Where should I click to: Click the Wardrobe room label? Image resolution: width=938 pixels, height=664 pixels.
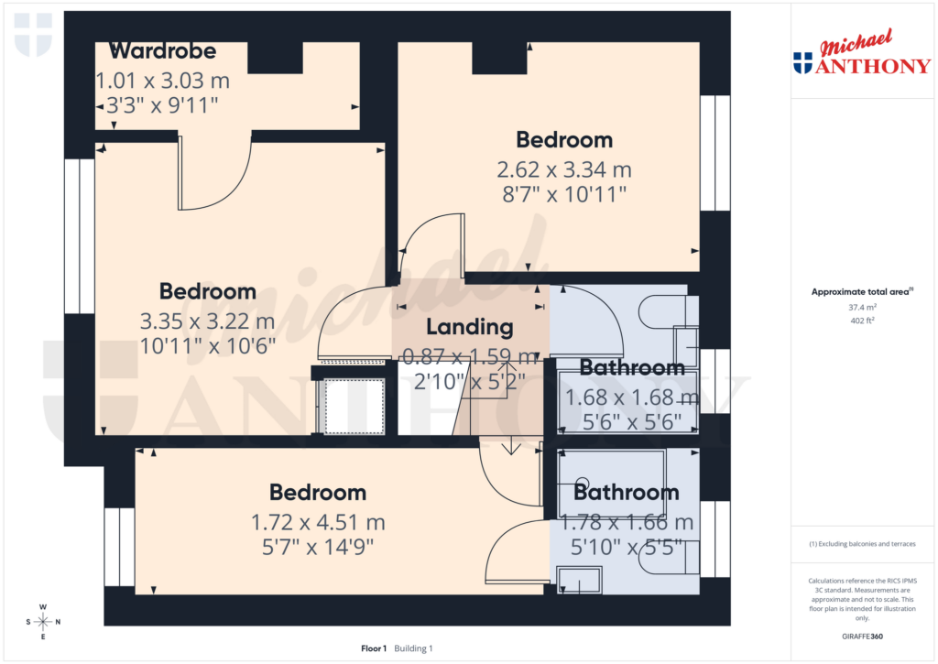162,50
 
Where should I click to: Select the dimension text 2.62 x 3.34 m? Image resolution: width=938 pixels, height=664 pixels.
563,169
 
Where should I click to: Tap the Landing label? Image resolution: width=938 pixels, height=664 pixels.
469,327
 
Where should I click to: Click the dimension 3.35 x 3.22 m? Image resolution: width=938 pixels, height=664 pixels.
207,321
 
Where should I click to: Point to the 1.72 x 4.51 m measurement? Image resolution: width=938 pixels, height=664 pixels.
318,523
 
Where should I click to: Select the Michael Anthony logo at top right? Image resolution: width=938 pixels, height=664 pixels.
861,53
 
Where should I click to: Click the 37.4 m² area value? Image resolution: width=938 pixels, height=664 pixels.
861,308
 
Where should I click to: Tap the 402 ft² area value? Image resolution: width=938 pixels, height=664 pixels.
861,321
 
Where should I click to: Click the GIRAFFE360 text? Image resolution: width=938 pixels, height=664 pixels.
862,636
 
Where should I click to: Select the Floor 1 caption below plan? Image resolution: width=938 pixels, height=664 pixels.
374,648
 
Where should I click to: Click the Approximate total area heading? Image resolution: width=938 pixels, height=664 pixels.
861,292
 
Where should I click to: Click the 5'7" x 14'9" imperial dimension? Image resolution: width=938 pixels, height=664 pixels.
318,547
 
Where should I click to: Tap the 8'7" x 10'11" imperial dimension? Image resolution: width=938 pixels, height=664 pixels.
563,193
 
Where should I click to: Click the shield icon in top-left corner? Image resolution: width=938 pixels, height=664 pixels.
33,35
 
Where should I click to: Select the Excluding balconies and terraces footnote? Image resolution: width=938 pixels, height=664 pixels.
861,544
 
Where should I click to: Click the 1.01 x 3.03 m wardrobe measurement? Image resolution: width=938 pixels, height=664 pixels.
162,82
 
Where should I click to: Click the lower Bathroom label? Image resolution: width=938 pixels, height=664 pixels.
627,492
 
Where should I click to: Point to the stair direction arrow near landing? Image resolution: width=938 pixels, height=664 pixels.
510,447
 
